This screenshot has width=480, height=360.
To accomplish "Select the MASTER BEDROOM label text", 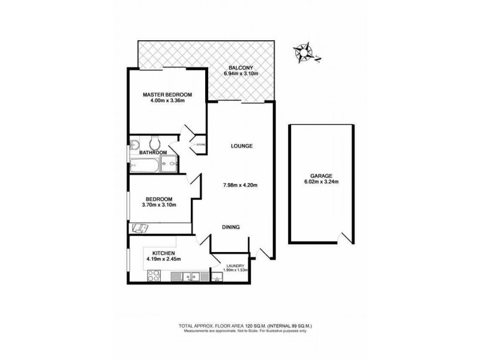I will tap(167, 95).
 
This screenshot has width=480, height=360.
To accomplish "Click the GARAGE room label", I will tap(322, 176).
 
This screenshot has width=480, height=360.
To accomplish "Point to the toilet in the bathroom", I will tap(155, 143).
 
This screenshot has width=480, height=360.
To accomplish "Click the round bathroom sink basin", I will tap(134, 144).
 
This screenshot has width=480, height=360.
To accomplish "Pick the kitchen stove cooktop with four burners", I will tap(154, 277).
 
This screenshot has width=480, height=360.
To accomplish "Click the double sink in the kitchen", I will tap(191, 277).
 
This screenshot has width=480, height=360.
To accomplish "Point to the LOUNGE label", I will tap(242, 146).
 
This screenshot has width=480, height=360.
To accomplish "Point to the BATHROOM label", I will tap(152, 152).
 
